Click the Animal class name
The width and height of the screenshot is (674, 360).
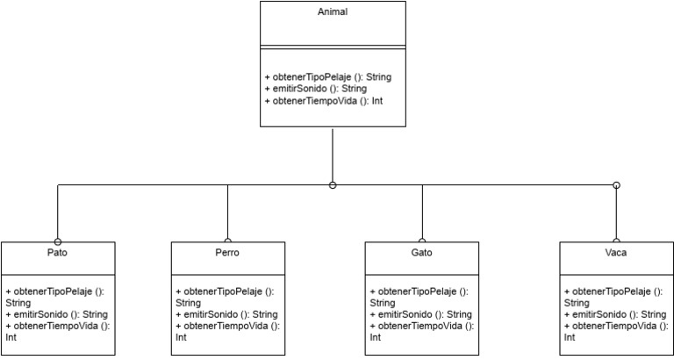pyautogui.click(x=333, y=12)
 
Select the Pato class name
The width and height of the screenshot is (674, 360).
pyautogui.click(x=57, y=253)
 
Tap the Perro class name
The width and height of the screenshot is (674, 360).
pyautogui.click(x=226, y=253)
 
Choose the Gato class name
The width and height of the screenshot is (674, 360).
pyautogui.click(x=421, y=253)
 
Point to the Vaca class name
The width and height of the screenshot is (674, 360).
pyautogui.click(x=616, y=253)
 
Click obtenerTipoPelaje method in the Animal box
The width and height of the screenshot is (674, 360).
pyautogui.click(x=327, y=77)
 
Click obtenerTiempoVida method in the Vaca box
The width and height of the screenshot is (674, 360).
pyautogui.click(x=612, y=326)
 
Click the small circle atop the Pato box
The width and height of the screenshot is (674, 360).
pyautogui.click(x=57, y=241)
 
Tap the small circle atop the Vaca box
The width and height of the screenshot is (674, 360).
pyautogui.click(x=616, y=241)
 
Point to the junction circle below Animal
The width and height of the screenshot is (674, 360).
pyautogui.click(x=333, y=185)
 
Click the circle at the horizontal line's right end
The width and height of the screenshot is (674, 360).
pyautogui.click(x=616, y=185)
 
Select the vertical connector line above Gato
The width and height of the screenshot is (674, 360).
pyautogui.click(x=422, y=212)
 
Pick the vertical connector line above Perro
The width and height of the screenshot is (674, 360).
pyautogui.click(x=227, y=212)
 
